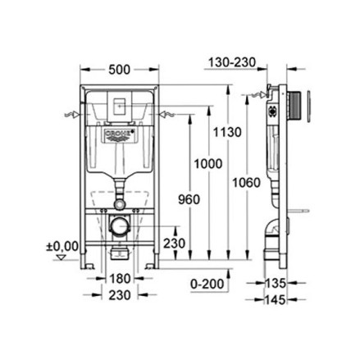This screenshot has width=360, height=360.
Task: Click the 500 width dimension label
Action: click(x=119, y=70)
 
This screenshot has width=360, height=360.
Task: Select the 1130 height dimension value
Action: click(x=227, y=132)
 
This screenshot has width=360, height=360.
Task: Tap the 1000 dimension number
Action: click(x=208, y=164)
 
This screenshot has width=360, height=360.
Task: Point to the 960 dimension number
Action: click(x=189, y=199)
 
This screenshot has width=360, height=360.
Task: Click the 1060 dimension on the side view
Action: click(x=247, y=183)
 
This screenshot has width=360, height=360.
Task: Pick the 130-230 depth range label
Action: click(x=232, y=62)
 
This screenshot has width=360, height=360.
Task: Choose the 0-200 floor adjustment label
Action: click(x=207, y=284)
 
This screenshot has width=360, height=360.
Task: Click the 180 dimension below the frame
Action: click(x=120, y=279)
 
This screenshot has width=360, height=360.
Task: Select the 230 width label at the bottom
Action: click(x=120, y=295)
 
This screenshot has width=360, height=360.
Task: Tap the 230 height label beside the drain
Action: click(x=175, y=243)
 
